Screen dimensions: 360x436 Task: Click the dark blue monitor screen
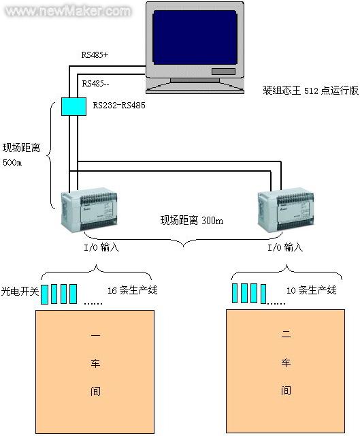pos(195,37)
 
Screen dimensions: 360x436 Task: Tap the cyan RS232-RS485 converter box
pos(73,106)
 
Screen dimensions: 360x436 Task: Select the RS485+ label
pos(95,54)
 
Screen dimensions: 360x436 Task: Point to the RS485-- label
pos(95,83)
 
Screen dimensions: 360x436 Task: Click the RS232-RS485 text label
pos(119,105)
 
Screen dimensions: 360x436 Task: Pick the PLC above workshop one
pos(89,210)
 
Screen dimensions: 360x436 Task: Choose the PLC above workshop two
pos(286,211)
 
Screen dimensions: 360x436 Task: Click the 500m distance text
pos(12,162)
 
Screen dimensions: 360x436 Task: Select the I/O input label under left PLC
pos(101,247)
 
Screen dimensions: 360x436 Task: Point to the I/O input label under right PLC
pos(285,247)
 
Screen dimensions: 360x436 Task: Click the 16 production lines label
pos(133,290)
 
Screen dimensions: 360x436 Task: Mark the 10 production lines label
pos(312,290)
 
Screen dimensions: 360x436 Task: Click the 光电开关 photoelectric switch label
pos(20,291)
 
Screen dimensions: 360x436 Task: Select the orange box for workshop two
pos(286,371)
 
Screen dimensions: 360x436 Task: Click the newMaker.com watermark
pos(68,11)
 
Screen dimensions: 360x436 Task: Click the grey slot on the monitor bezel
pos(223,72)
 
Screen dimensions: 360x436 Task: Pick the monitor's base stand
pos(195,86)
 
